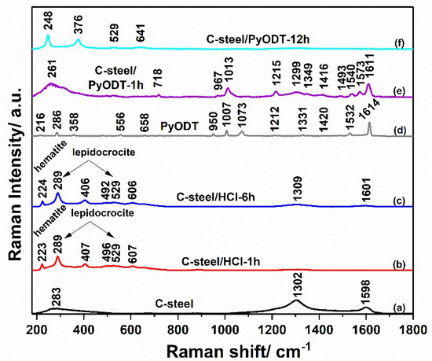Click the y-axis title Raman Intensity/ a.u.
pos(12,169)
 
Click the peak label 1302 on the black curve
pos(296,289)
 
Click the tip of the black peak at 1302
pos(296,300)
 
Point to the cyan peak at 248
pos(48,35)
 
